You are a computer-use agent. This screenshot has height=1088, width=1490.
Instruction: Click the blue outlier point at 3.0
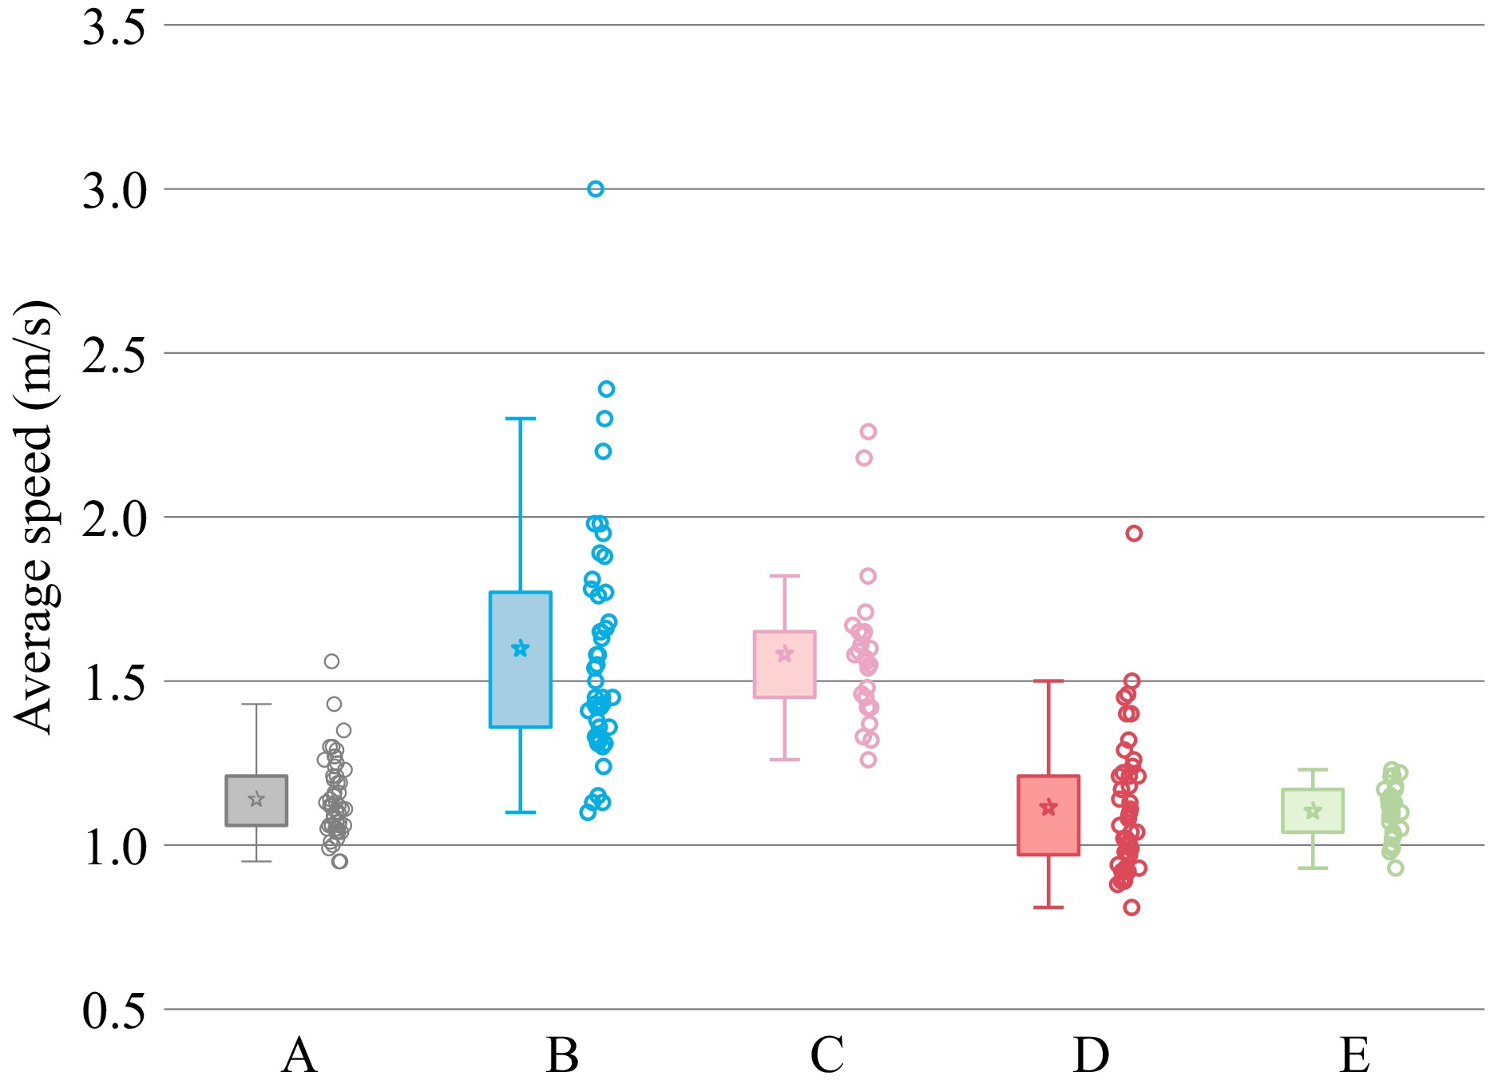pyautogui.click(x=595, y=189)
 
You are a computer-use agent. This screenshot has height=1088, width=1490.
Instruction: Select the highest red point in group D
pyautogui.click(x=1134, y=534)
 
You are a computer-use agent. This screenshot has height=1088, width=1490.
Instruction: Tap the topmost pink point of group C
pyautogui.click(x=868, y=432)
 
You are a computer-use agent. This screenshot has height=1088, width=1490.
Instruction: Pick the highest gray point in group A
pyautogui.click(x=331, y=661)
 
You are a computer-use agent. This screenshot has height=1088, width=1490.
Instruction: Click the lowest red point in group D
pyautogui.click(x=1131, y=907)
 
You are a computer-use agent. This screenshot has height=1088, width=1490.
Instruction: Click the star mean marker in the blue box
pyautogui.click(x=521, y=648)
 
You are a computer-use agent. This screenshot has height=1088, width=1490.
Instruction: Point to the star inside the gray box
pyautogui.click(x=256, y=799)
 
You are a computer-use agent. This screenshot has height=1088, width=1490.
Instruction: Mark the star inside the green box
pyautogui.click(x=1313, y=812)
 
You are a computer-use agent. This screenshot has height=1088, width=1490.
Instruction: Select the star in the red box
pyautogui.click(x=1048, y=808)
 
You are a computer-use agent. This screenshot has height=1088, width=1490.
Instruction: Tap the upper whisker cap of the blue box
pyautogui.click(x=521, y=419)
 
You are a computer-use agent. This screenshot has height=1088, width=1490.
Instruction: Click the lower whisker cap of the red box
pyautogui.click(x=1048, y=907)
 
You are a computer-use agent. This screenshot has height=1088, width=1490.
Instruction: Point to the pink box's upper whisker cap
pyautogui.click(x=785, y=576)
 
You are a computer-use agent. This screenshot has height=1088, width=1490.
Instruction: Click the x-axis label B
pyautogui.click(x=562, y=1055)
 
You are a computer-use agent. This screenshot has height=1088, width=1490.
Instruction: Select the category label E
pyautogui.click(x=1355, y=1055)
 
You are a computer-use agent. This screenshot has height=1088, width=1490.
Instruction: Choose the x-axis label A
pyautogui.click(x=299, y=1055)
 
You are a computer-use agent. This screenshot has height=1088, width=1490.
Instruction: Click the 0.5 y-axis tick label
pyautogui.click(x=114, y=1011)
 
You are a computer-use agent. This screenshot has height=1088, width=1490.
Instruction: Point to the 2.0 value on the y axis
pyautogui.click(x=114, y=519)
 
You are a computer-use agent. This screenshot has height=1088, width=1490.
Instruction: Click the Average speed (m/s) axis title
pyautogui.click(x=34, y=518)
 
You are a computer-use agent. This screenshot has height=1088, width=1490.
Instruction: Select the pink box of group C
pyautogui.click(x=785, y=665)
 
